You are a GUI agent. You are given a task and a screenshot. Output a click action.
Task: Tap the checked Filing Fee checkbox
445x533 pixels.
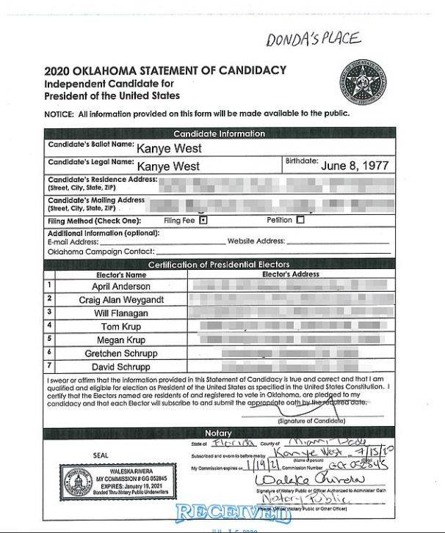pos(203,219)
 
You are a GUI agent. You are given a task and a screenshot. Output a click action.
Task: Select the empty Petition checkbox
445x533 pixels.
pos(300,219)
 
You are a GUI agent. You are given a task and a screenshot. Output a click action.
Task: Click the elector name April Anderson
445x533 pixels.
pos(121,286)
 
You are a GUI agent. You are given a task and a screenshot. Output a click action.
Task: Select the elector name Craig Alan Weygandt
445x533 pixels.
pos(121,300)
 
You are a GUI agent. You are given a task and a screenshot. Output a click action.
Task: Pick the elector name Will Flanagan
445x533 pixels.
pos(121,313)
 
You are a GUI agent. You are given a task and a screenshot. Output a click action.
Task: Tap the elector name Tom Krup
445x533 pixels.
pos(121,327)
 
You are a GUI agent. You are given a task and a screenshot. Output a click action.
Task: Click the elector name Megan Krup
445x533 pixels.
pos(121,340)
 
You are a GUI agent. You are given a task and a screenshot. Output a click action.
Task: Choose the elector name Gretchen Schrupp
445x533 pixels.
pos(121,353)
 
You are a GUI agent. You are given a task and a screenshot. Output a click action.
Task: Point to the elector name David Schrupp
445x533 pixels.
pos(121,367)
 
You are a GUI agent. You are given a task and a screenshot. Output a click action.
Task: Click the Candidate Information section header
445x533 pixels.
pos(219,133)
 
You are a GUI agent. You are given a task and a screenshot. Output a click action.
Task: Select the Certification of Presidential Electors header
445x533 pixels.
pos(219,264)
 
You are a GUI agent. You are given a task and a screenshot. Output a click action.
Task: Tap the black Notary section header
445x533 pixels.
pos(219,433)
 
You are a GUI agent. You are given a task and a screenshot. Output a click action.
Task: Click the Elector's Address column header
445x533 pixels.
pos(291,274)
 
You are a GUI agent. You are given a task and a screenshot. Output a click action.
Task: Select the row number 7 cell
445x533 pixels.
pos(50,366)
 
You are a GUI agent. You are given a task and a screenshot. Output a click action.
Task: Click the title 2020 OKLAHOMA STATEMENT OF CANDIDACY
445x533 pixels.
pos(164,71)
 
